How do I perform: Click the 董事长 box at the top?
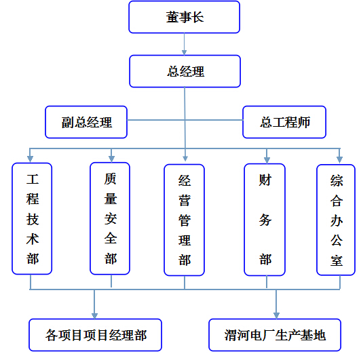click(x=184, y=17)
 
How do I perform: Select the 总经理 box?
click(x=185, y=71)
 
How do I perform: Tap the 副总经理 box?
click(x=86, y=122)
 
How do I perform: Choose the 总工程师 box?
click(x=284, y=122)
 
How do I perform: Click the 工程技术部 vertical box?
click(x=32, y=218)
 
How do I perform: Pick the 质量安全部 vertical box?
click(x=110, y=218)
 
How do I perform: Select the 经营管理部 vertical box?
click(x=184, y=220)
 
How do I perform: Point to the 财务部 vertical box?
click(x=265, y=220)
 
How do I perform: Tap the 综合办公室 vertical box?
click(x=336, y=220)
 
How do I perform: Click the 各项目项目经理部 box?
click(x=95, y=335)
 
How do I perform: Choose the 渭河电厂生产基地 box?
click(x=275, y=335)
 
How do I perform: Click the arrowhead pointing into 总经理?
click(x=184, y=52)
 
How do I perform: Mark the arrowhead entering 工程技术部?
click(x=30, y=159)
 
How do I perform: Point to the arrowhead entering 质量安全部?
click(x=111, y=159)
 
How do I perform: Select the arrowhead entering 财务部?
click(x=267, y=160)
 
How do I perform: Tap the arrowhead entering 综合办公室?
click(x=339, y=159)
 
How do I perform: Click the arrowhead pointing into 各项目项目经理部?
click(x=94, y=316)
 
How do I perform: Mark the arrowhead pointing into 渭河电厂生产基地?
click(x=276, y=316)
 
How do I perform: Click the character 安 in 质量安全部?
click(x=111, y=218)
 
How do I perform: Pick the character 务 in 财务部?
click(x=265, y=220)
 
